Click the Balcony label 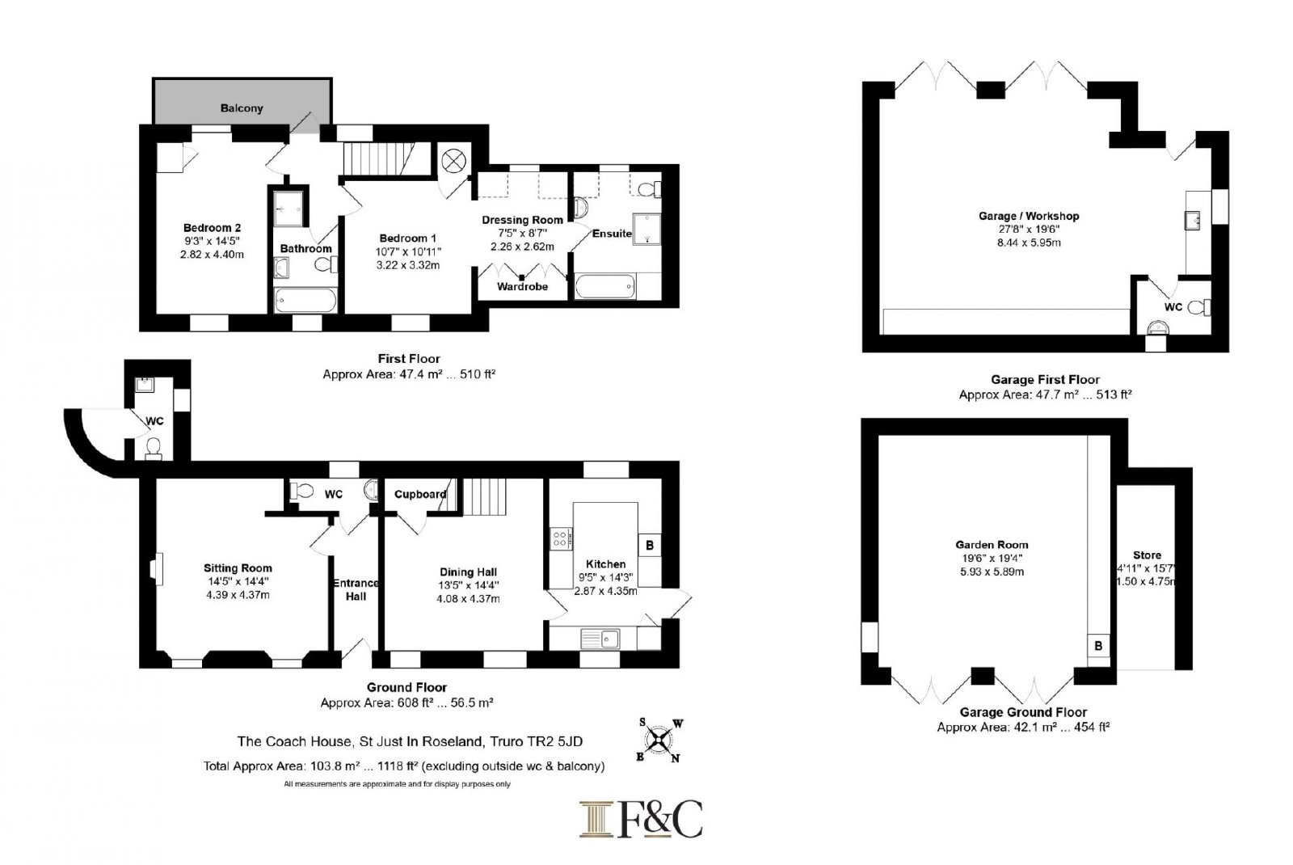(x=242, y=108)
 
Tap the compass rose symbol (x=659, y=741)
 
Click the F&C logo (x=641, y=819)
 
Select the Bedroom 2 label (x=212, y=228)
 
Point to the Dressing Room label (x=522, y=220)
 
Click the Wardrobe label (x=522, y=286)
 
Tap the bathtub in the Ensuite (x=605, y=286)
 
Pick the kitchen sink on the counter (x=601, y=639)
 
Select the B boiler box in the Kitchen (x=650, y=545)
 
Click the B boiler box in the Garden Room (x=1098, y=646)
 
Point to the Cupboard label (x=420, y=494)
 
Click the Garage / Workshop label (x=1029, y=216)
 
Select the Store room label (x=1147, y=555)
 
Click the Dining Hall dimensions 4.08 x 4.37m (x=468, y=599)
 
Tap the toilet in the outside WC (x=154, y=449)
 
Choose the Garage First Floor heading (x=1046, y=379)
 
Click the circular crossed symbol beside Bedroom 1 (x=453, y=161)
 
